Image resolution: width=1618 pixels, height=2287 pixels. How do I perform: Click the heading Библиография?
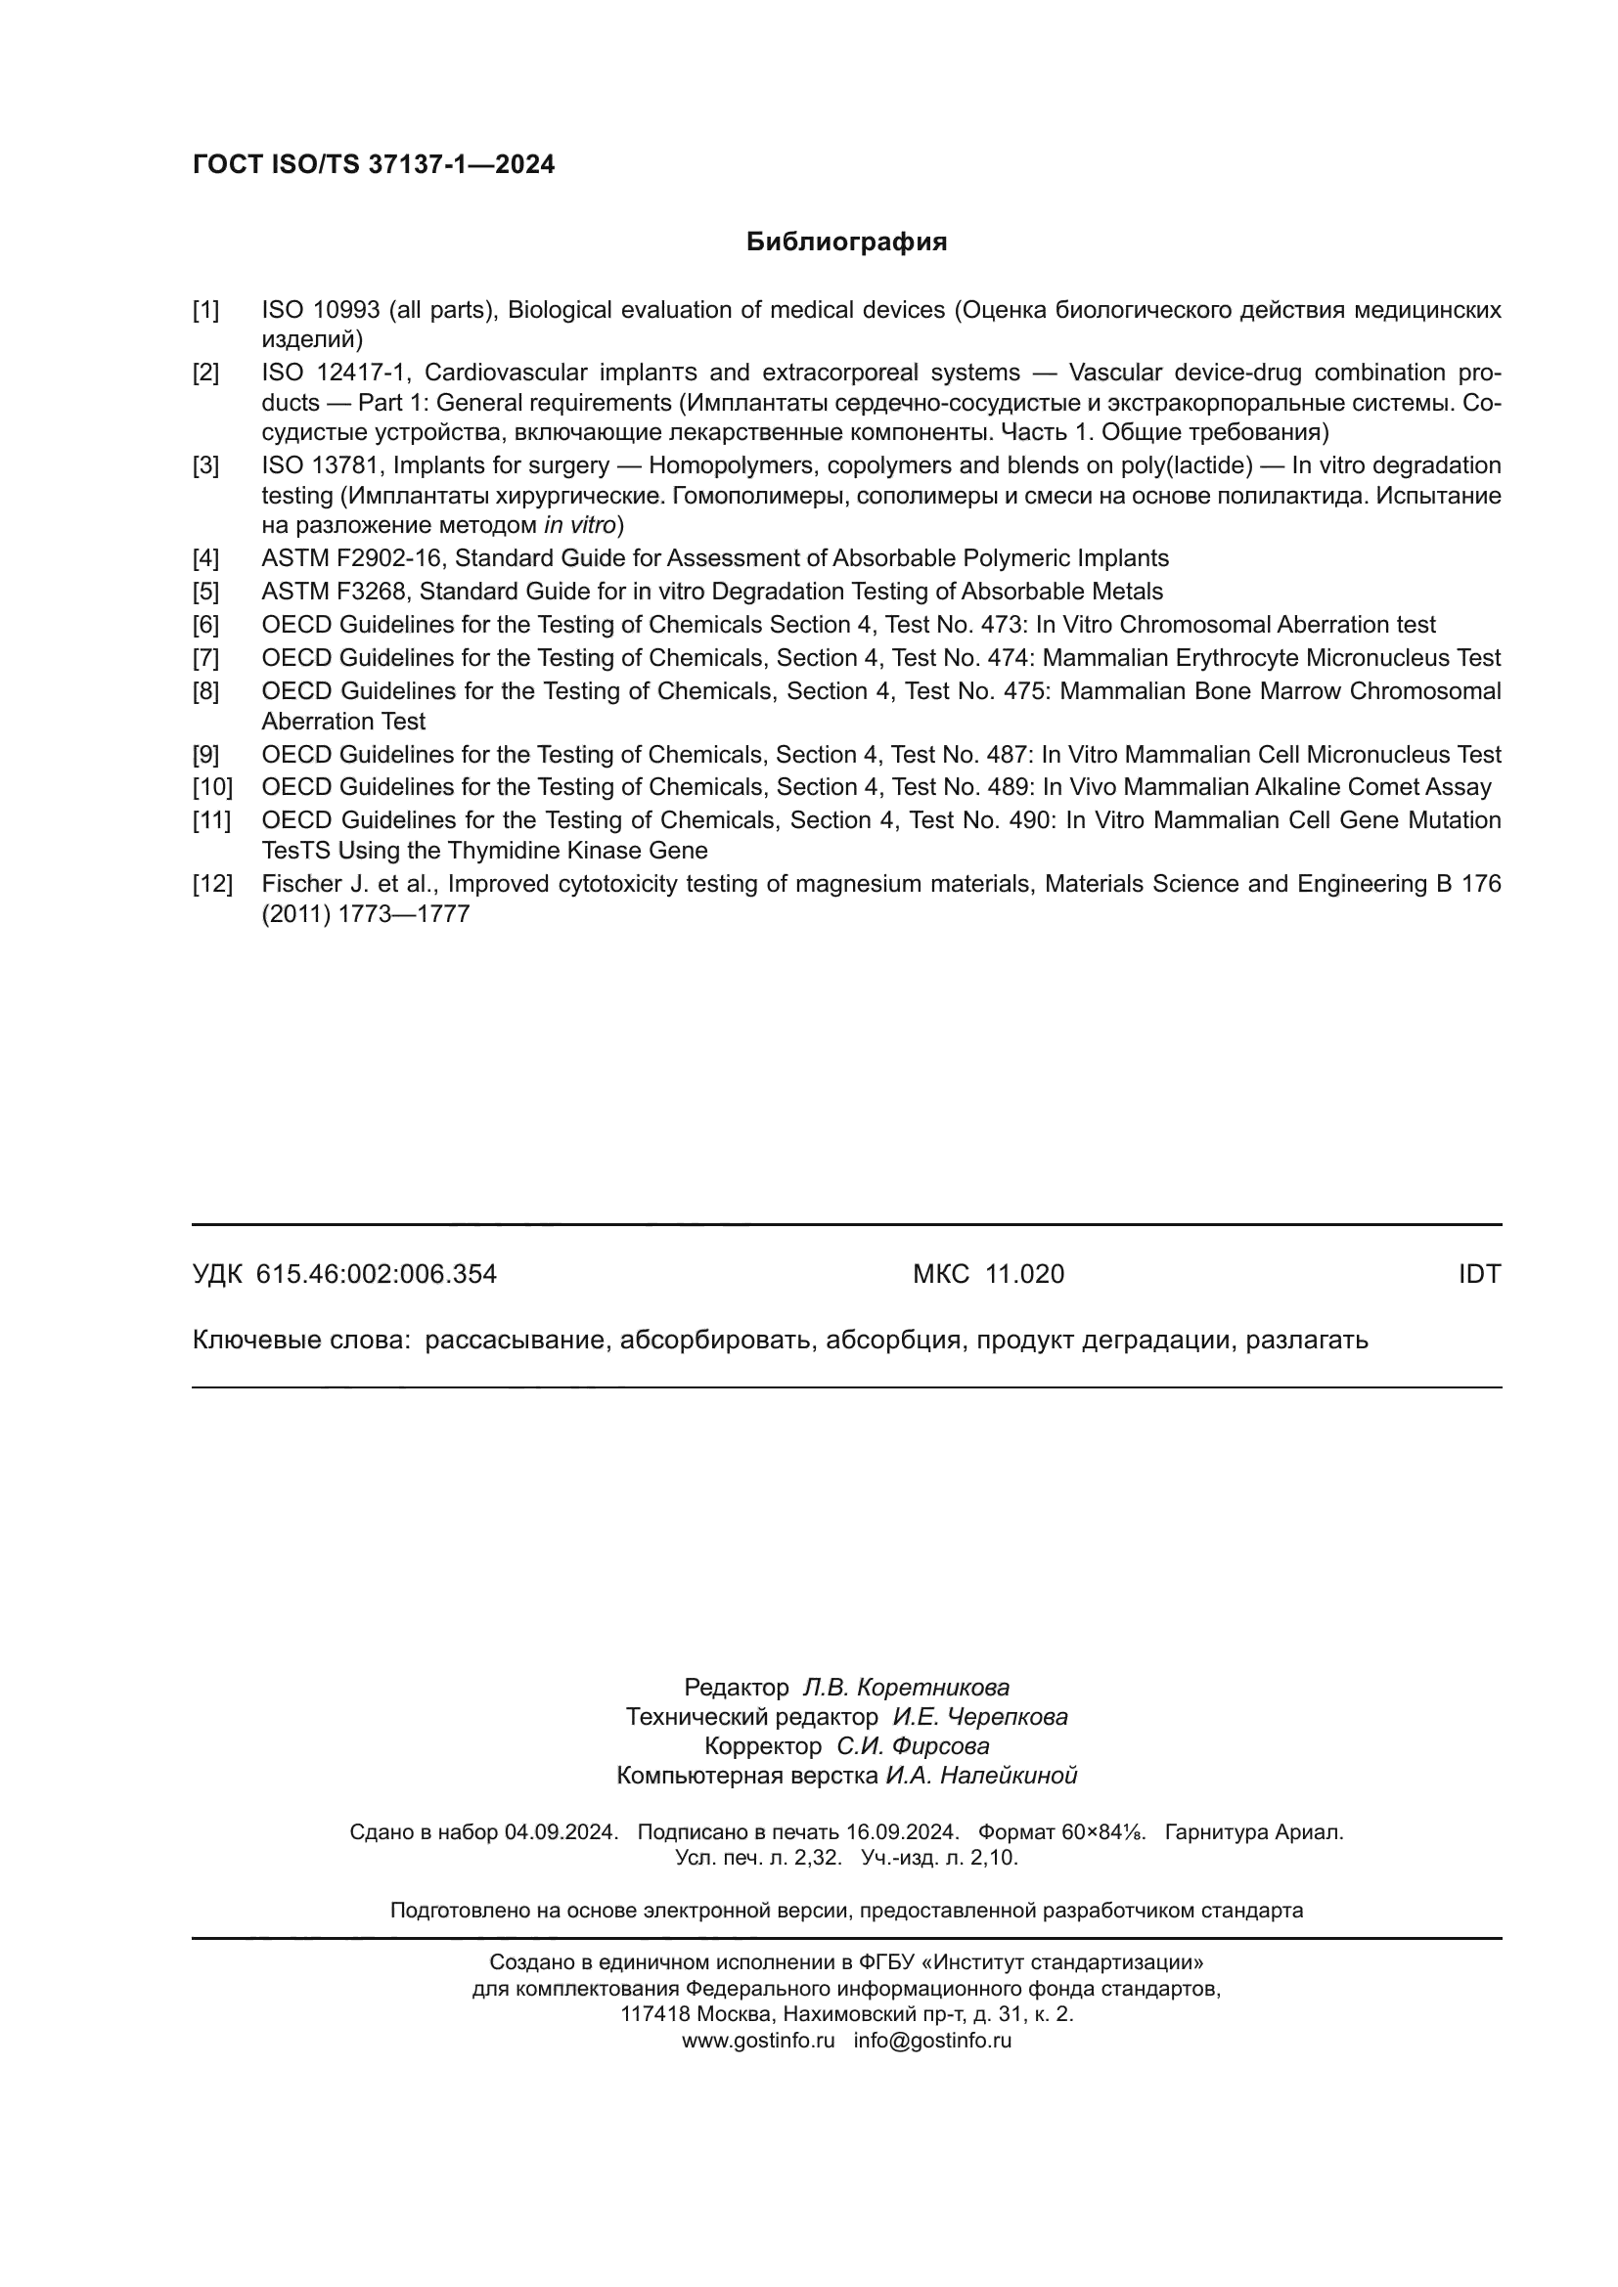point(846,242)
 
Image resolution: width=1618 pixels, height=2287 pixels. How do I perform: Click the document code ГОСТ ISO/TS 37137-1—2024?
point(374,165)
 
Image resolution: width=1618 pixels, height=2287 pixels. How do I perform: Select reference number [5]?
point(205,592)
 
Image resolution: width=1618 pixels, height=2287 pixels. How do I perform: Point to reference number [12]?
point(211,884)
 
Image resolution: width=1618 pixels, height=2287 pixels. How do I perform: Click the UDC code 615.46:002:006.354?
point(376,1274)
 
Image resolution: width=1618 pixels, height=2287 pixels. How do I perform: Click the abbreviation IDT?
point(1478,1274)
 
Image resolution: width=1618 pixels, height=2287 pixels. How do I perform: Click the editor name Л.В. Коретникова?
point(906,1688)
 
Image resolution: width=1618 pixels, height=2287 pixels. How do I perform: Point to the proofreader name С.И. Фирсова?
point(913,1746)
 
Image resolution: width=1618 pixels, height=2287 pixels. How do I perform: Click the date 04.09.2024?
point(561,1831)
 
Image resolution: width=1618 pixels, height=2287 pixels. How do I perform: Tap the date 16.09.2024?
point(902,1831)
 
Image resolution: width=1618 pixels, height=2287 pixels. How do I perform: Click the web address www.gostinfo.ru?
point(758,2040)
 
